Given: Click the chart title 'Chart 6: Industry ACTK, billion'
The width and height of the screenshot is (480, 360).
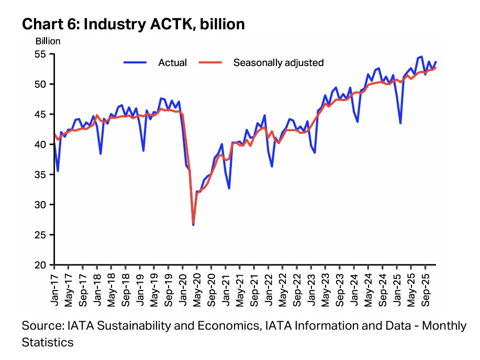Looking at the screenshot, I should pos(133,24).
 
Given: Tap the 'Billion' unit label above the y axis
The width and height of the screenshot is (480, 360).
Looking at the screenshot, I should pos(49,41).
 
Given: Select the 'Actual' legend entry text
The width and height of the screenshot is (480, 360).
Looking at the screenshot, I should pos(172,63).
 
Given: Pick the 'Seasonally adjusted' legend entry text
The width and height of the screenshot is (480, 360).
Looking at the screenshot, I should pos(278,63).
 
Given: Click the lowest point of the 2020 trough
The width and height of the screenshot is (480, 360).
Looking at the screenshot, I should pos(193,224).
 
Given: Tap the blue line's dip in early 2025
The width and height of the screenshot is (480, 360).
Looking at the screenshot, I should pos(400,123).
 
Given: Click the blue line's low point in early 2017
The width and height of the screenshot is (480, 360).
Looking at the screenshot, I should pos(58,171).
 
